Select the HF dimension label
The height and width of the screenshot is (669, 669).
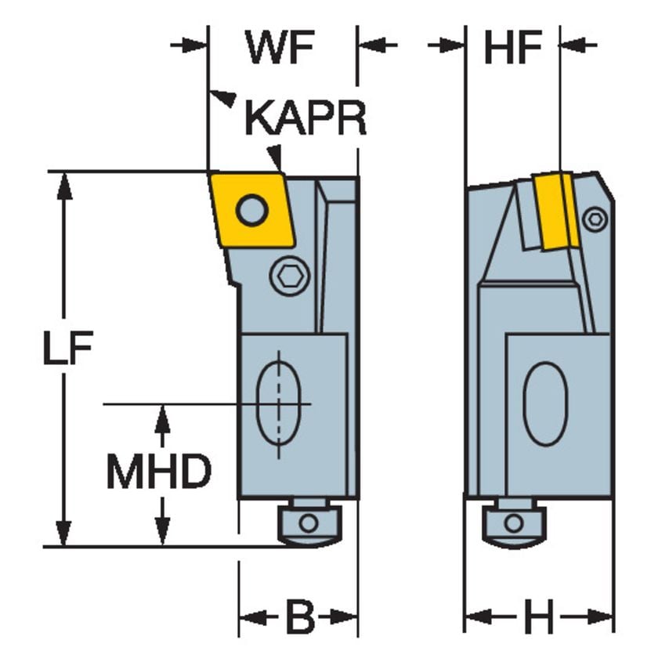[x=513, y=49]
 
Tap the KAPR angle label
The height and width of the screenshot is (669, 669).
[x=305, y=118]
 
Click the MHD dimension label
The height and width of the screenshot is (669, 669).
[x=159, y=472]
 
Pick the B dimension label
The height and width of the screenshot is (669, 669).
[x=298, y=619]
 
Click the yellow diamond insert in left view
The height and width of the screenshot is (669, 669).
[x=251, y=210]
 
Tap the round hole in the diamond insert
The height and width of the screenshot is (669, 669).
[x=251, y=210]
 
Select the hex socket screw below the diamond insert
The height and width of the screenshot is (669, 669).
[x=290, y=277]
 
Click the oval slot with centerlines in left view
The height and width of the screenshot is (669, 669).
[x=279, y=404]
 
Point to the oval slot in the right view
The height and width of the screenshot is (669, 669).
[x=545, y=404]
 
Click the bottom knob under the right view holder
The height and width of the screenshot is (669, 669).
[x=513, y=523]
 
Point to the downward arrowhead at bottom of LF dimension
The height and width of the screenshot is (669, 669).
[x=65, y=533]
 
